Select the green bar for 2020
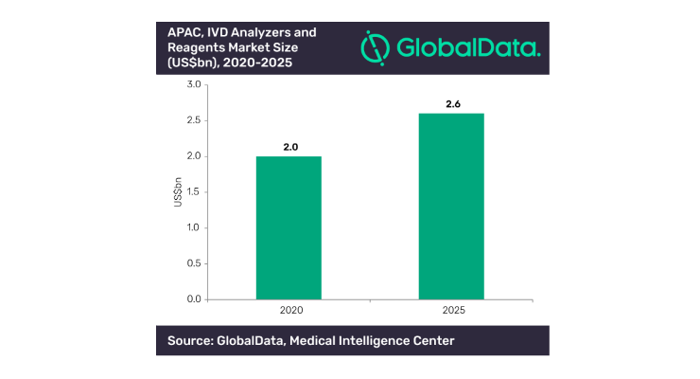tap(289, 228)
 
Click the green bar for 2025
tap(451, 207)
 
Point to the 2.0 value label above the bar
tap(290, 147)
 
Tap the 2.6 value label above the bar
tap(453, 104)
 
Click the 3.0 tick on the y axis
tap(194, 84)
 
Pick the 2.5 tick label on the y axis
tap(194, 120)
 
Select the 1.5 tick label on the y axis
tap(194, 192)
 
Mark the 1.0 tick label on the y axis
tap(194, 227)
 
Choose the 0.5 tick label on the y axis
tap(194, 263)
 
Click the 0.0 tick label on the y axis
tap(194, 299)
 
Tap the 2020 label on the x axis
tap(291, 310)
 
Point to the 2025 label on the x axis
tap(453, 310)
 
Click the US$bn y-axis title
tap(178, 192)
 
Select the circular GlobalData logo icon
tap(375, 47)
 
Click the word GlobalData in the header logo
tap(469, 47)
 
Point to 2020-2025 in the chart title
tap(257, 63)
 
